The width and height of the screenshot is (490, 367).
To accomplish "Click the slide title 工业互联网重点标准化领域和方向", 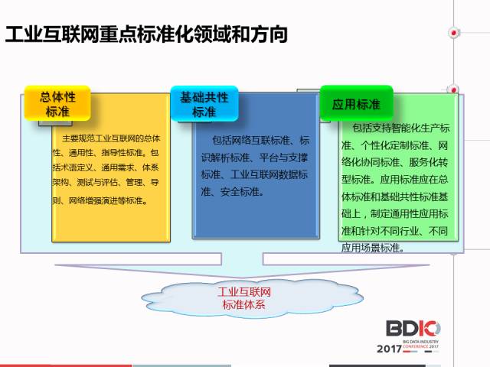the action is point(146,34).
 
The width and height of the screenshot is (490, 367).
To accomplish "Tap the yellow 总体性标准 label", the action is point(57,103).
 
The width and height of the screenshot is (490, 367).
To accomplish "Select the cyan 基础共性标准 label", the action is point(204,104).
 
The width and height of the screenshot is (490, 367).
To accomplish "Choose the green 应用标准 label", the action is point(356,103).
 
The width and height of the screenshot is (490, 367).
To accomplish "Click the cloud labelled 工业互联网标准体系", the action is point(252,298).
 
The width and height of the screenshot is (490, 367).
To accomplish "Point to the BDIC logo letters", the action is point(413,329).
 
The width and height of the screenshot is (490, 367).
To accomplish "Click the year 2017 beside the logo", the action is point(389,349).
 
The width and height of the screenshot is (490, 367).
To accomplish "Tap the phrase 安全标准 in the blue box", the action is point(240,191).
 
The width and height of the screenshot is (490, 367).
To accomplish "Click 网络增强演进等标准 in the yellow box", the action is point(107,200).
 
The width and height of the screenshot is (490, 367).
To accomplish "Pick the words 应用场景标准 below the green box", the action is point(370,248).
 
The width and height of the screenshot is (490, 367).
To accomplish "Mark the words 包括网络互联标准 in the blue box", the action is point(251,141).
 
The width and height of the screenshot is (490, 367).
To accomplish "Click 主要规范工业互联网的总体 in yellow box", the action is point(111,138).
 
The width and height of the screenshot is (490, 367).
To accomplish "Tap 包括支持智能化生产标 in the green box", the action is point(401,128).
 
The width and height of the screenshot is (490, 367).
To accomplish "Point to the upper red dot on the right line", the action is point(454,32).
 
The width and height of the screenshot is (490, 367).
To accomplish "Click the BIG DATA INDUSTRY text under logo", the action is point(420,342).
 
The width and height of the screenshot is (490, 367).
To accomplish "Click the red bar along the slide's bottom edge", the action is point(66,365).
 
